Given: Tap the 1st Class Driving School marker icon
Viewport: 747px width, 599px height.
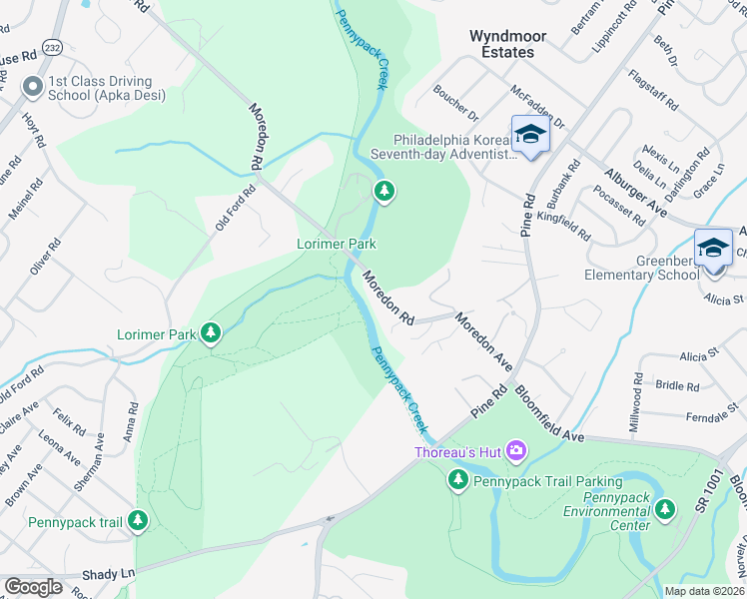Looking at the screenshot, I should pyautogui.click(x=33, y=88).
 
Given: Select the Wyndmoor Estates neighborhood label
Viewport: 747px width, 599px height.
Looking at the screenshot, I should pyautogui.click(x=508, y=43).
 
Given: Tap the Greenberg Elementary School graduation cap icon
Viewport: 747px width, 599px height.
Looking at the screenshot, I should pyautogui.click(x=713, y=247).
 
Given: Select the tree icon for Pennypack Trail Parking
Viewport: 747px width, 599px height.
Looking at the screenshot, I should pyautogui.click(x=457, y=481).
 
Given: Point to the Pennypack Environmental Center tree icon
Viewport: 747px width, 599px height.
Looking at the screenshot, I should pyautogui.click(x=665, y=511).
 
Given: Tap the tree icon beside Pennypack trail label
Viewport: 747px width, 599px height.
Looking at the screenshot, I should pyautogui.click(x=138, y=520).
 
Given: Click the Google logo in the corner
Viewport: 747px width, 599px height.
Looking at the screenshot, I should pyautogui.click(x=33, y=587).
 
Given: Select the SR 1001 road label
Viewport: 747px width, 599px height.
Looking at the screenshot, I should pyautogui.click(x=716, y=492).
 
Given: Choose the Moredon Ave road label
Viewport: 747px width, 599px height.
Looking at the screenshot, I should pyautogui.click(x=483, y=342).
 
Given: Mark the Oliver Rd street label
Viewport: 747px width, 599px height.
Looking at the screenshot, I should pyautogui.click(x=41, y=257).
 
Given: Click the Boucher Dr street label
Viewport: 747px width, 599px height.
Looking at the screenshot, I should pyautogui.click(x=455, y=103).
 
